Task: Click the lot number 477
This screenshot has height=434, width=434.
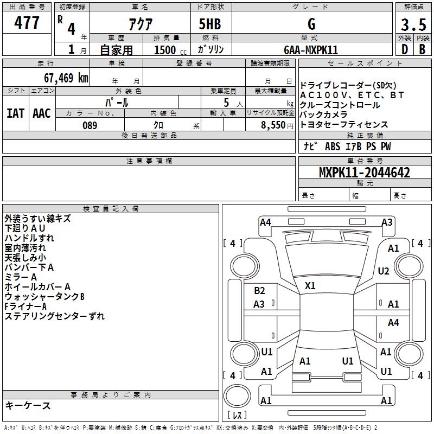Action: [27, 23]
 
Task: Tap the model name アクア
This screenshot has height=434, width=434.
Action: [141, 24]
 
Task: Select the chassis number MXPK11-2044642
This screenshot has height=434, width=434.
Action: [365, 173]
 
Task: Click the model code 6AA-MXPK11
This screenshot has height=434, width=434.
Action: [312, 50]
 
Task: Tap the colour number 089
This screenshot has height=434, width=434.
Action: [90, 125]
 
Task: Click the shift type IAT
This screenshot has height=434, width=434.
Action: [15, 113]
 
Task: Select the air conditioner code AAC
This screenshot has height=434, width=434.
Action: [41, 113]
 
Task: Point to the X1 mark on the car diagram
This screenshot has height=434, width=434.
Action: [310, 286]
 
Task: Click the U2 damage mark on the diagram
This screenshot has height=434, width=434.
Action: [384, 271]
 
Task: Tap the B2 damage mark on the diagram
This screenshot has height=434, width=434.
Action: [259, 291]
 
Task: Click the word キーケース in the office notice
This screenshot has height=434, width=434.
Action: [28, 406]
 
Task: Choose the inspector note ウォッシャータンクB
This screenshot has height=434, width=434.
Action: [44, 297]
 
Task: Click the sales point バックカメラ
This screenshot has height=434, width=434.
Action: [323, 115]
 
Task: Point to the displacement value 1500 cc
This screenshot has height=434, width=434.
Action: [169, 50]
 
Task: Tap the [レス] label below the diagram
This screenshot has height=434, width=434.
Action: [237, 416]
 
